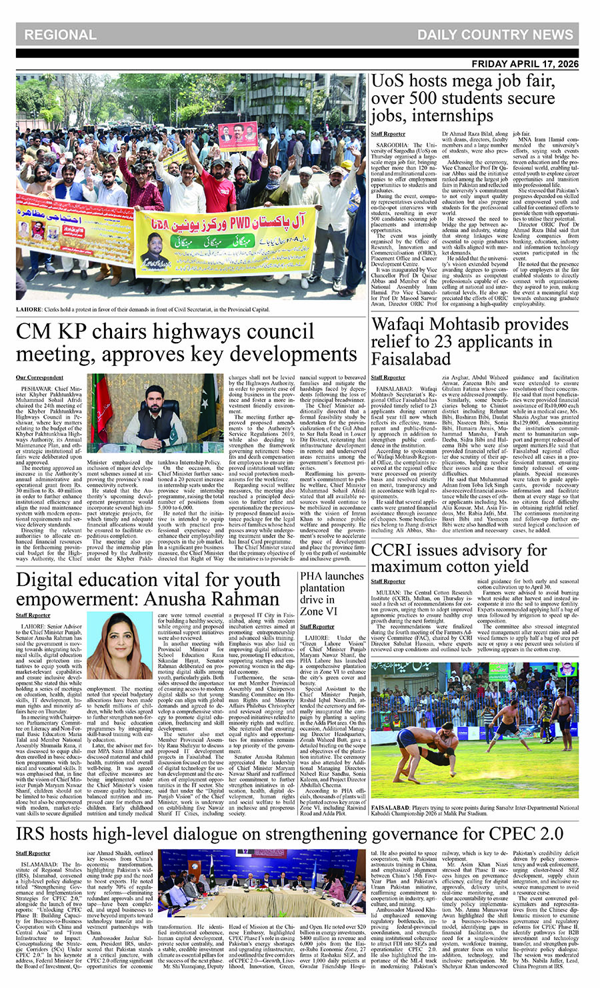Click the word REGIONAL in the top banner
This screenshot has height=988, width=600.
[60, 35]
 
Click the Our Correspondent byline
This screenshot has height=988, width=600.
[40, 378]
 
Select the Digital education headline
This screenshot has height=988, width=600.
[147, 588]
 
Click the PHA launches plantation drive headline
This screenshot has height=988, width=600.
[331, 593]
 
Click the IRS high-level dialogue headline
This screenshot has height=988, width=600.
[289, 833]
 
